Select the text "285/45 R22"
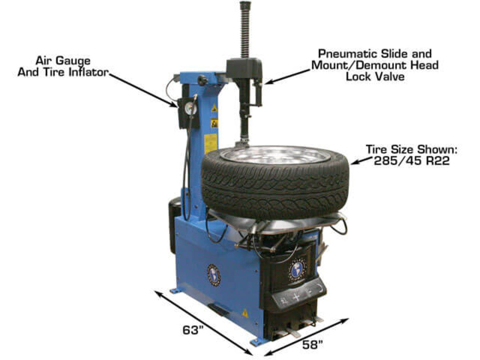click(412, 161)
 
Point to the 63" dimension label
click(193, 330)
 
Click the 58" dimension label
click(312, 345)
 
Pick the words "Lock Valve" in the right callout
click(375, 76)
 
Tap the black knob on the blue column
click(202, 80)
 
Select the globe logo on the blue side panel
click(214, 276)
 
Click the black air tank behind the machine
click(174, 225)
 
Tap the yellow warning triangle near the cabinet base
click(245, 313)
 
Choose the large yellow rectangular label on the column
click(210, 144)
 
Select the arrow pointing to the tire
click(361, 161)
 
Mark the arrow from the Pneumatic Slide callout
click(287, 76)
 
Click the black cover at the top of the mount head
click(244, 68)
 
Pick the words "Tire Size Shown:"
click(412, 150)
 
